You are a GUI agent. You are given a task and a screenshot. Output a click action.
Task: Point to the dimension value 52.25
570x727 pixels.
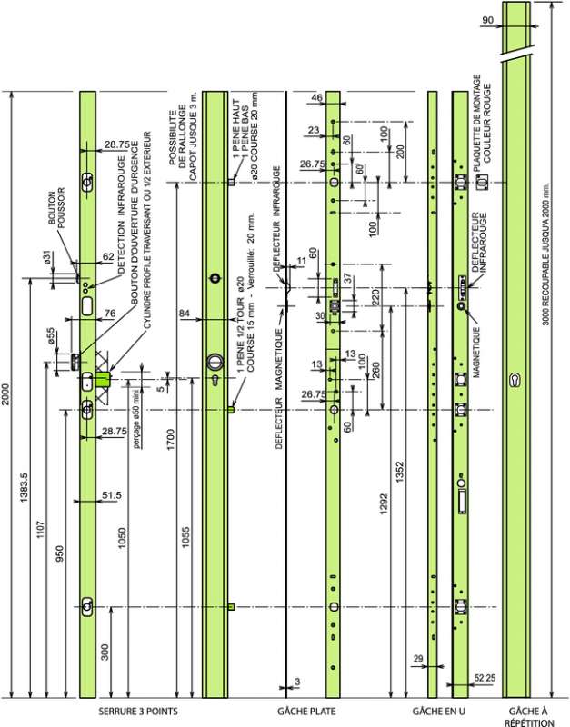tap(484, 677)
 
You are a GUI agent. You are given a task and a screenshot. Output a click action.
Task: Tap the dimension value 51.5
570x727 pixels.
tap(112, 495)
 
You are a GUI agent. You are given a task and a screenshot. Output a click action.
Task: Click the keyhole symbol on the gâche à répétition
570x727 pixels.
tap(515, 379)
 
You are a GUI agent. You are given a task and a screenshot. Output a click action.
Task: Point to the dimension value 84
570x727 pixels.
tap(185, 314)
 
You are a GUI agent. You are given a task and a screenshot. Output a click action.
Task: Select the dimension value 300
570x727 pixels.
tap(105, 652)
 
